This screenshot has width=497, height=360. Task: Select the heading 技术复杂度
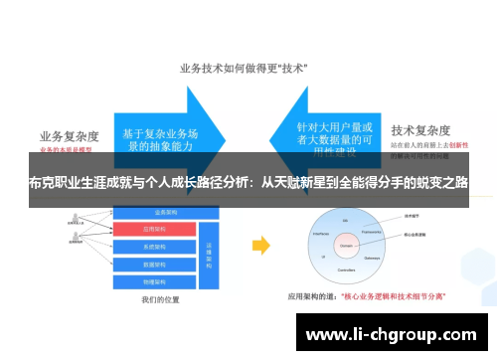[x=422, y=129]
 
